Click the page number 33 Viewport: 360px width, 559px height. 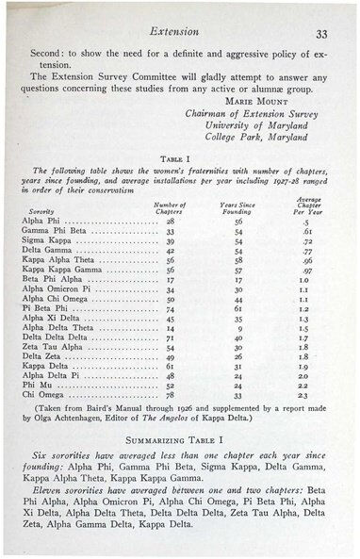tap(320, 35)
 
